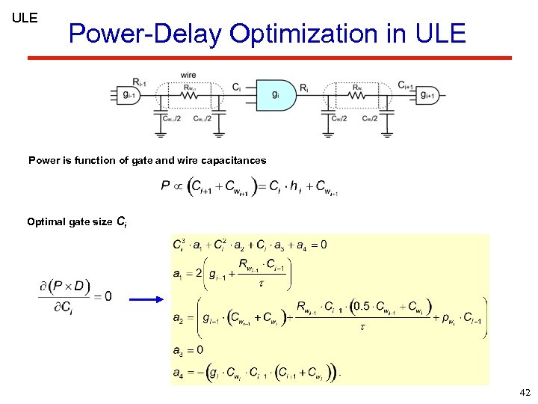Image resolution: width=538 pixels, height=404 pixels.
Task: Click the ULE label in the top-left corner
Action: [x=25, y=17]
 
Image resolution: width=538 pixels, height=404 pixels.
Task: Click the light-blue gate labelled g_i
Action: [x=276, y=95]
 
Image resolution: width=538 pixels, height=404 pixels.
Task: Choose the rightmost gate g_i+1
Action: [x=428, y=95]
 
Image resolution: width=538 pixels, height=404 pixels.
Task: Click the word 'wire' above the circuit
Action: [x=188, y=75]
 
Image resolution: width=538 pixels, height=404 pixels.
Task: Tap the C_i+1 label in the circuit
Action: [x=408, y=84]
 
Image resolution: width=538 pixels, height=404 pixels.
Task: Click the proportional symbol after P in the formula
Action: [x=179, y=186]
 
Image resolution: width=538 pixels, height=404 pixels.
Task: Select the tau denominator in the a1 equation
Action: [x=261, y=284]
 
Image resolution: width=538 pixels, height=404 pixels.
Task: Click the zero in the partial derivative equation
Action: [x=108, y=296]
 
